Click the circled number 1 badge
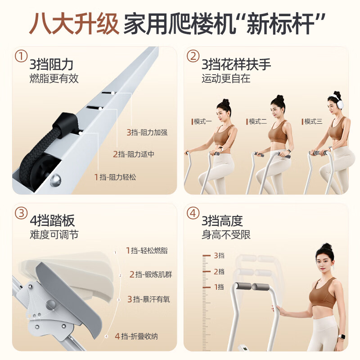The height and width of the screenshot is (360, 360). point(21,57)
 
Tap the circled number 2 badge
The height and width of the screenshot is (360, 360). point(193,57)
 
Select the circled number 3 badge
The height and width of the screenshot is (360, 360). point(21,213)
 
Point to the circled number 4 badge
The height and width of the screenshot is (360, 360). point(193,213)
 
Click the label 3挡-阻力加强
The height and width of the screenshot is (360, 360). point(147,132)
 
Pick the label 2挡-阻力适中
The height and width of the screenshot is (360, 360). point(133,154)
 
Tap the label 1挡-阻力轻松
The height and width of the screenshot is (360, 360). point(115,177)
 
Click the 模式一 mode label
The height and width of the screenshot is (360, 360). point(202,121)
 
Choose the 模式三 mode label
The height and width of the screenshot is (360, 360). point(312,121)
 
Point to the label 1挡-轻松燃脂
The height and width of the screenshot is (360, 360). point(146,251)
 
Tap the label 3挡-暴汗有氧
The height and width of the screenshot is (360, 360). point(148,299)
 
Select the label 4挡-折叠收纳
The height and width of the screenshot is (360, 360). point(136,336)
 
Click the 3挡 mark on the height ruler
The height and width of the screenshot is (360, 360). point(219,256)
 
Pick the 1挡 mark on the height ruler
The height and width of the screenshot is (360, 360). point(219,287)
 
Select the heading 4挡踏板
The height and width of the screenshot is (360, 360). point(52,221)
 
